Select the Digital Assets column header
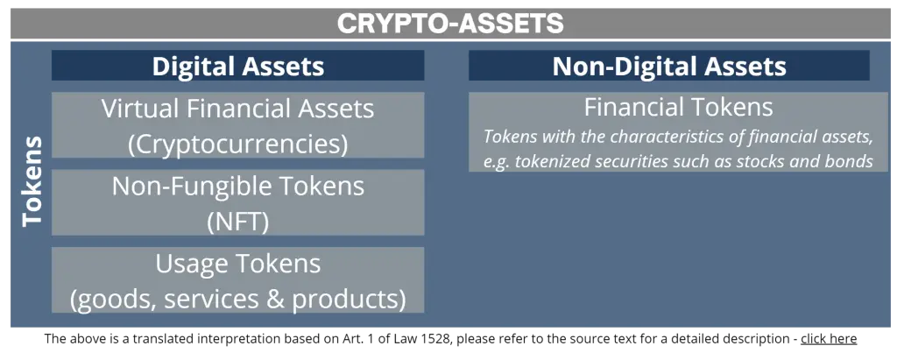[x=237, y=67]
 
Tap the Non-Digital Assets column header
[x=668, y=67]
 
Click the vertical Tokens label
[x=32, y=180]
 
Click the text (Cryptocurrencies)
[x=237, y=143]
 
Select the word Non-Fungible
[x=187, y=186]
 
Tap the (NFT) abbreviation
[x=237, y=221]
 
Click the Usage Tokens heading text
[x=237, y=264]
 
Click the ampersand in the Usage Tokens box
[x=277, y=299]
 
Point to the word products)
[x=350, y=299]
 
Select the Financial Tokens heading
[x=678, y=108]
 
